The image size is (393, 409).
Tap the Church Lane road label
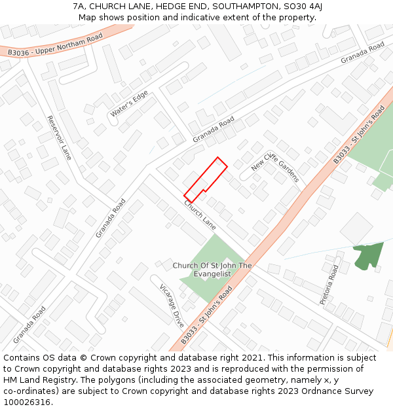[x=200, y=215]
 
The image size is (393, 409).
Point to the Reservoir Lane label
[x=59, y=137]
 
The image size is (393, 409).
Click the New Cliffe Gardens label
[x=275, y=168]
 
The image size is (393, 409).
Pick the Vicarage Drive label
[x=172, y=305]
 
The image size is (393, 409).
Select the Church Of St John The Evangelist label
[x=212, y=270]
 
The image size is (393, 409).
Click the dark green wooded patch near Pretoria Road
[x=367, y=256]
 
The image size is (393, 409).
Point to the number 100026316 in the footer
[x=26, y=402]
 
